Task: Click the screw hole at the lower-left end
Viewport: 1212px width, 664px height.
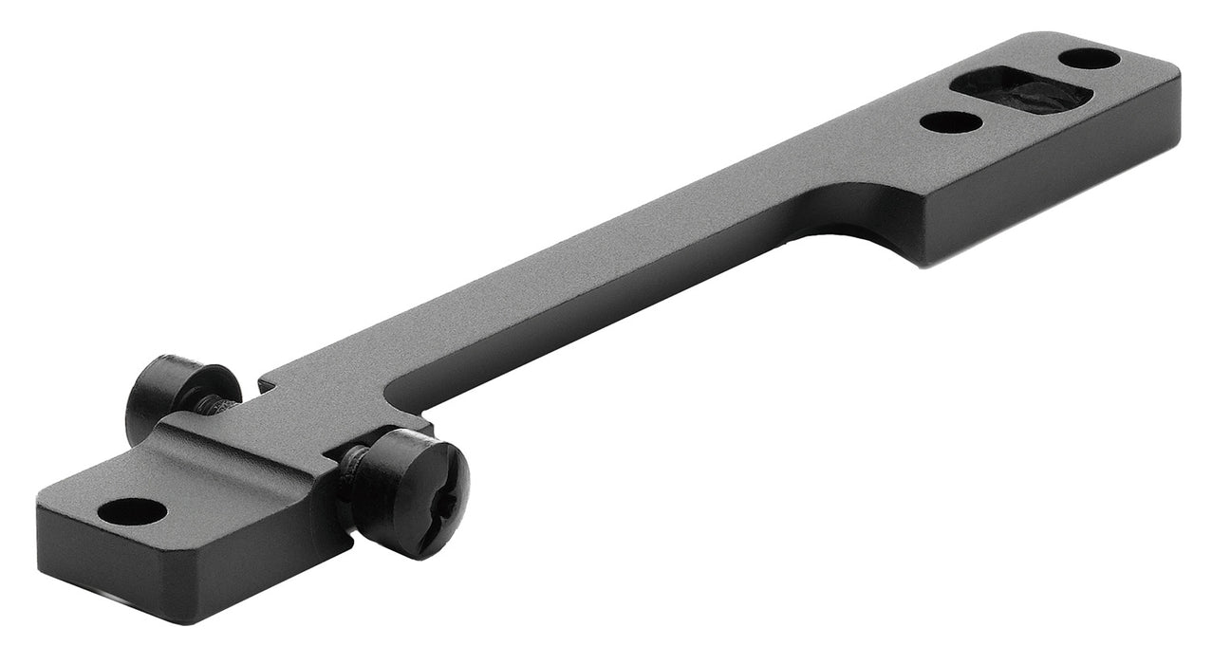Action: coord(132,512)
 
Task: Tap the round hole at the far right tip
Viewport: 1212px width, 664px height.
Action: coord(1089,59)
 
